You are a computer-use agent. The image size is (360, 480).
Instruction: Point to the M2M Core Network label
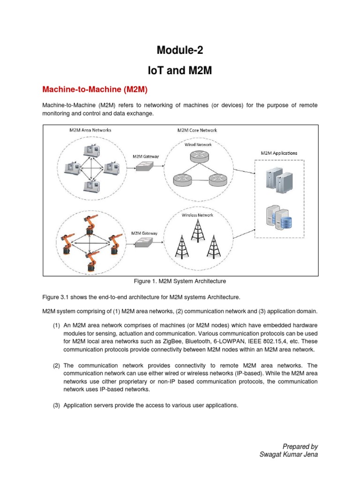pos(197,130)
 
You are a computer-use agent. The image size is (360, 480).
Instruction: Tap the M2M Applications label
pos(279,153)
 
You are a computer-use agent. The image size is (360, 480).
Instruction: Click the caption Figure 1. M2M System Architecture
pos(180,281)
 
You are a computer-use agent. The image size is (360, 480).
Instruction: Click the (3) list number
pos(57,405)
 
